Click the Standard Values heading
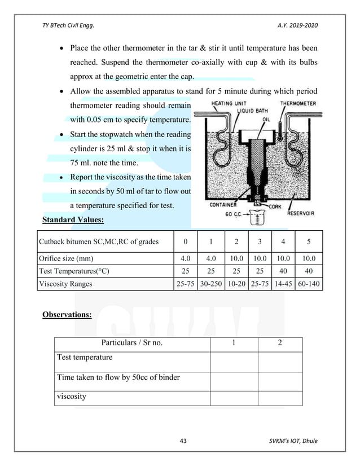click(73, 220)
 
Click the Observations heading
click(67, 314)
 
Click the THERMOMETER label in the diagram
click(298, 103)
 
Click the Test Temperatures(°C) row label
click(73, 271)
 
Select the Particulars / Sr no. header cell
click(132, 344)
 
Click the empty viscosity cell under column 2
click(280, 397)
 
